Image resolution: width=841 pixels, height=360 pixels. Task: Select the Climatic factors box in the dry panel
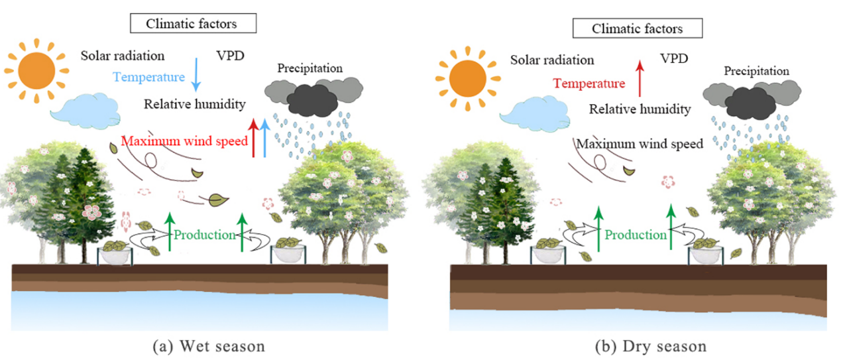click(x=637, y=29)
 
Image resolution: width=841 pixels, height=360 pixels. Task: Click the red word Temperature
click(x=589, y=84)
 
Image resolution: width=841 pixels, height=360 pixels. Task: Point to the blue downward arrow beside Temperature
click(x=196, y=73)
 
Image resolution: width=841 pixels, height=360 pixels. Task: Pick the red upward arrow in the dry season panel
click(x=639, y=78)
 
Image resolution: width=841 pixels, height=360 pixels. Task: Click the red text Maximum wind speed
click(x=184, y=141)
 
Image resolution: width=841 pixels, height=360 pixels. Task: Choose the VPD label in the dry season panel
click(x=674, y=59)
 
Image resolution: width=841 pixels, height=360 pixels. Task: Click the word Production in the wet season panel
click(x=205, y=235)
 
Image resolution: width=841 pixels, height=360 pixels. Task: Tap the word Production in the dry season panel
click(x=636, y=235)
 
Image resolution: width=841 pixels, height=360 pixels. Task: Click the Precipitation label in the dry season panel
click(x=756, y=71)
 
